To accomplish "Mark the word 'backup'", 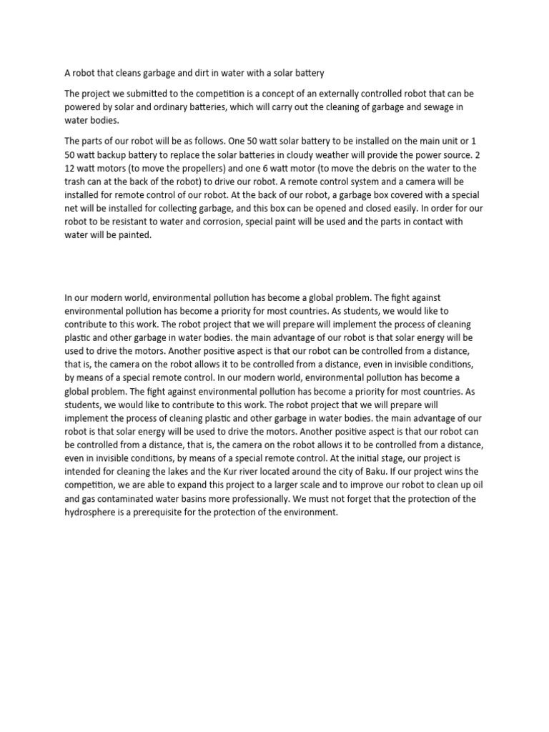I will (124, 154).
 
